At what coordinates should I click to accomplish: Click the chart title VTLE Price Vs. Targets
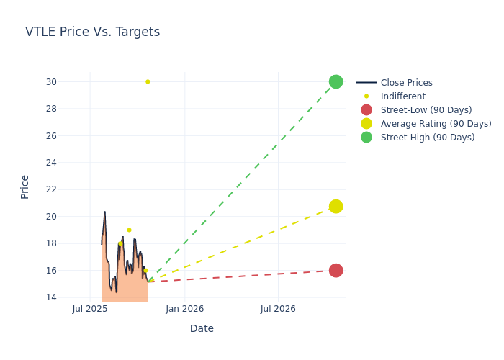pyautogui.click(x=92, y=32)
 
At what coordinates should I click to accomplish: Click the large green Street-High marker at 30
pyautogui.click(x=336, y=82)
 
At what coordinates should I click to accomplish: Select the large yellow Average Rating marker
pyautogui.click(x=336, y=207)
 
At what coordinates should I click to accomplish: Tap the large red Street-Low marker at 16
pyautogui.click(x=336, y=271)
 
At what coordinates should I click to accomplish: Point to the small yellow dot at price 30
pyautogui.click(x=148, y=82)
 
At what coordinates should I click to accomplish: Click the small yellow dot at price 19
pyautogui.click(x=129, y=230)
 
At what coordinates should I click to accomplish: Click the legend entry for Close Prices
pyautogui.click(x=406, y=83)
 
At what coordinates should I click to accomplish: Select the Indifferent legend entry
pyautogui.click(x=402, y=96)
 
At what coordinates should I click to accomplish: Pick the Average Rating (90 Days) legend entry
pyautogui.click(x=436, y=124)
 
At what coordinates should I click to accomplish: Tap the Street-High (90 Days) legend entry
pyautogui.click(x=427, y=138)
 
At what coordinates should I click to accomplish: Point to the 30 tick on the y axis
pyautogui.click(x=51, y=82)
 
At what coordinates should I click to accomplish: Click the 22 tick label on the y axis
pyautogui.click(x=51, y=190)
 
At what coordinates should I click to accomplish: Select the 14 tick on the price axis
pyautogui.click(x=51, y=297)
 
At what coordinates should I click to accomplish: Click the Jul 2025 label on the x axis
pyautogui.click(x=90, y=310)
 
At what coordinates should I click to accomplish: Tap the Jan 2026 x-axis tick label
pyautogui.click(x=184, y=310)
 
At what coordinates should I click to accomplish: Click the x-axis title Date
pyautogui.click(x=202, y=329)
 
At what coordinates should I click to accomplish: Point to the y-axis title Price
pyautogui.click(x=25, y=186)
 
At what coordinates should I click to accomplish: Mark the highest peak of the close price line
pyautogui.click(x=104, y=212)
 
